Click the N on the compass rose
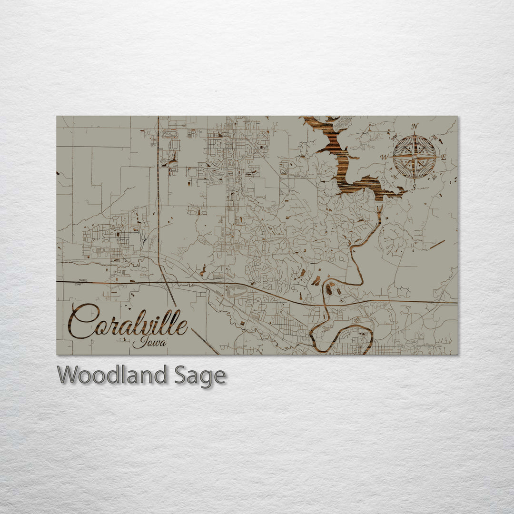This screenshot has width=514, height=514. click(x=415, y=127)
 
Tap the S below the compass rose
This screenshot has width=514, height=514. click(x=414, y=187)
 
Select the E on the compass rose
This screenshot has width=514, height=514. click(x=444, y=157)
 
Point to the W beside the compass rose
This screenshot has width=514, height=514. click(x=384, y=157)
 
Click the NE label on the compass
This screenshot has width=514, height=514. click(x=434, y=138)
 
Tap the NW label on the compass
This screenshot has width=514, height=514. click(x=395, y=138)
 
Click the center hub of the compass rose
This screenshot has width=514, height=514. click(x=415, y=156)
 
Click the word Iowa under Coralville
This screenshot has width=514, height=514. click(x=149, y=342)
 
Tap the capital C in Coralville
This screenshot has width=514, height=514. click(x=84, y=322)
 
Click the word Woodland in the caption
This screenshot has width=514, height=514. click(x=112, y=376)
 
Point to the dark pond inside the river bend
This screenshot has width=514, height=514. click(x=329, y=287)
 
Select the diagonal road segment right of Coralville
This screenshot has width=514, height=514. click(x=206, y=341)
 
